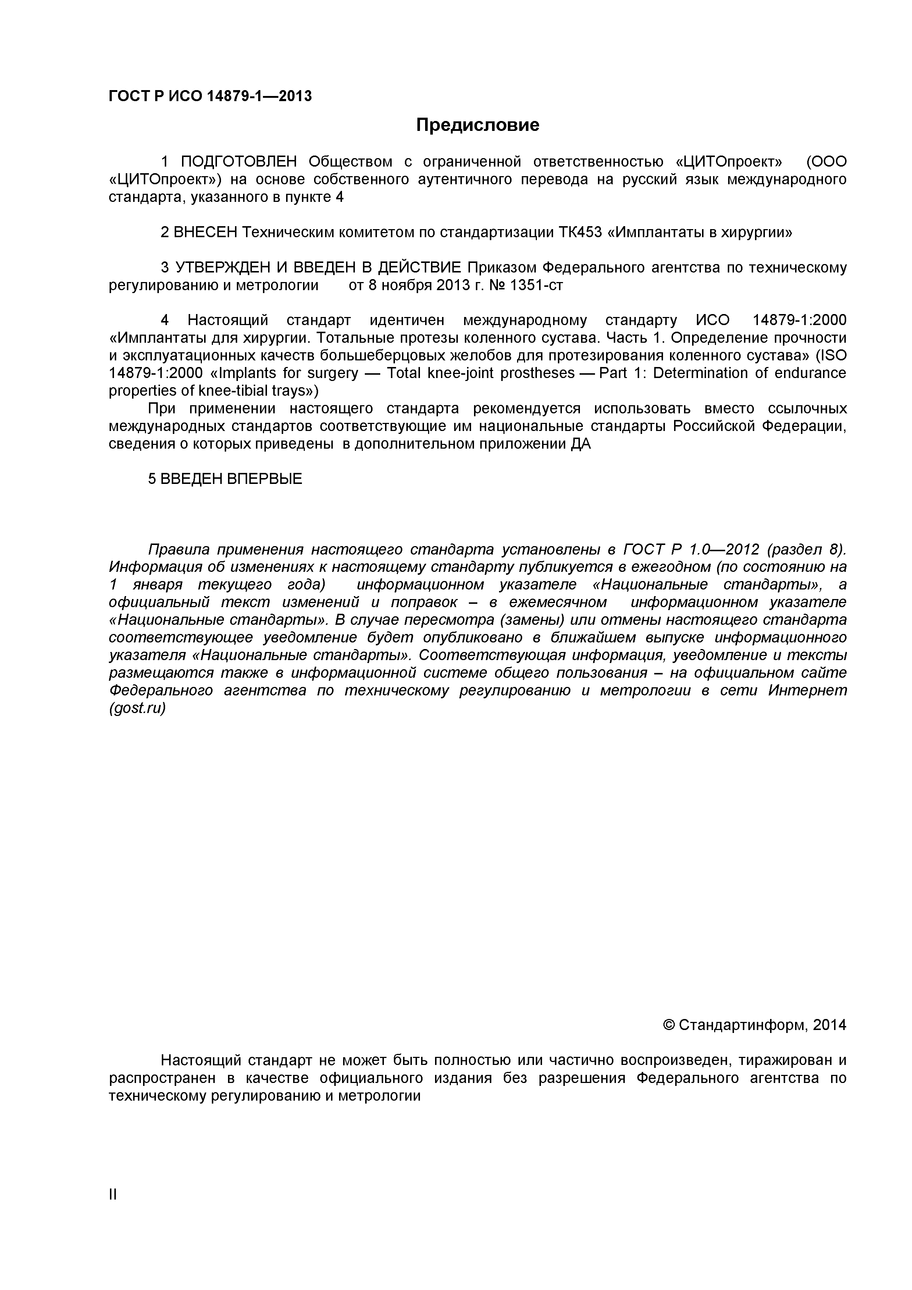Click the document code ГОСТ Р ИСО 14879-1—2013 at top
tap(210, 97)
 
